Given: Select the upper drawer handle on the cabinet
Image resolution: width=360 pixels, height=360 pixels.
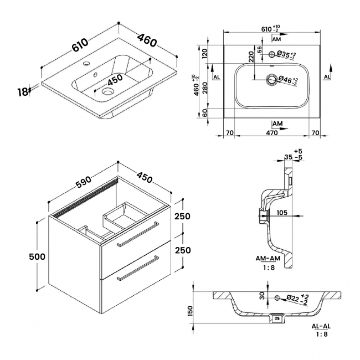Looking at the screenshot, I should click(x=137, y=233).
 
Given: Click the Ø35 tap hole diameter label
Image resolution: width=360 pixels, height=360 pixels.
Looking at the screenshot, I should click(x=288, y=55).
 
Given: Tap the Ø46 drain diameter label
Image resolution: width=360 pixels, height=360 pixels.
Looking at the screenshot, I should click(x=289, y=80).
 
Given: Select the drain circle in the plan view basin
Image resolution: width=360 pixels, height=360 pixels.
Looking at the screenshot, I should click(x=271, y=79).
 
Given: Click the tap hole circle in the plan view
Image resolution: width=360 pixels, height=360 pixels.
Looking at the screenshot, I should click(x=271, y=54).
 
